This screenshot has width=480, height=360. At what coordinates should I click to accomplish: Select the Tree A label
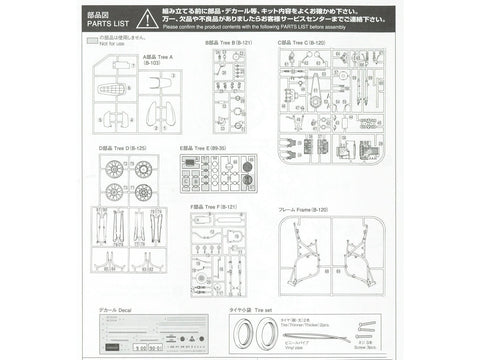(x=158, y=58)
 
